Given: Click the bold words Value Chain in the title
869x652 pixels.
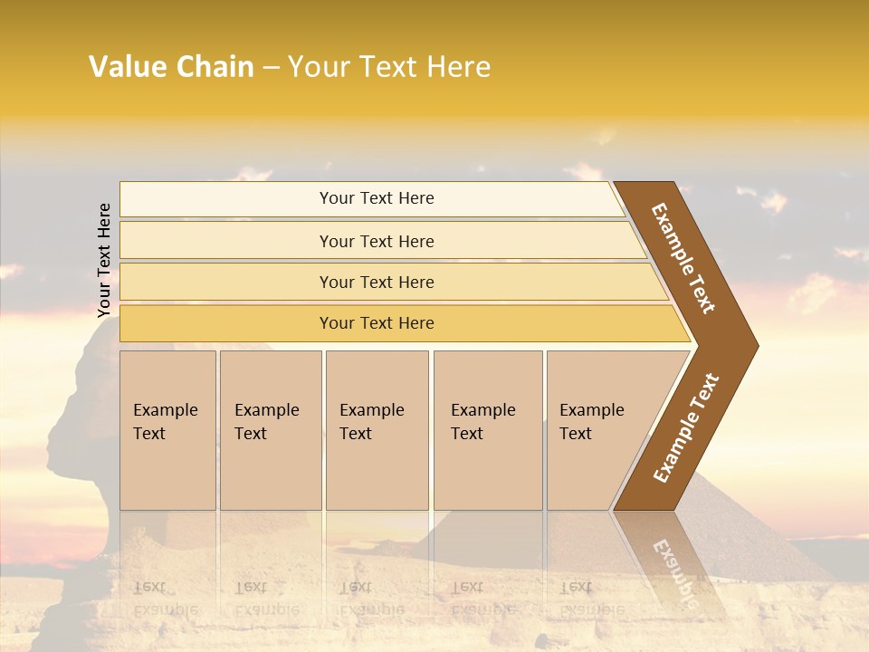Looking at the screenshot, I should [171, 67].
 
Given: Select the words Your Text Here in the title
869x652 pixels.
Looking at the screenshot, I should [389, 67].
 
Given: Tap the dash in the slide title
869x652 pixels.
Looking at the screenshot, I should [271, 68].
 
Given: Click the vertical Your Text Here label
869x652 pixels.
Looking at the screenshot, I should [104, 260].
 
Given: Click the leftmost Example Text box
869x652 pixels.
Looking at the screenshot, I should [167, 430].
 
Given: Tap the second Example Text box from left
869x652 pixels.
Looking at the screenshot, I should [270, 430].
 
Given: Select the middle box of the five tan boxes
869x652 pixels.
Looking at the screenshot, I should [377, 430].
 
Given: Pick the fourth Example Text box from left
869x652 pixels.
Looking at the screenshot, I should [487, 430].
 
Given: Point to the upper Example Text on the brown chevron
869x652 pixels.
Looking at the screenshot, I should [684, 258].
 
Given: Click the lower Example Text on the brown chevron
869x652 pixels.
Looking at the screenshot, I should [686, 427].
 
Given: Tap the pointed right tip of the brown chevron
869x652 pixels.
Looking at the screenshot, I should [753, 345].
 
